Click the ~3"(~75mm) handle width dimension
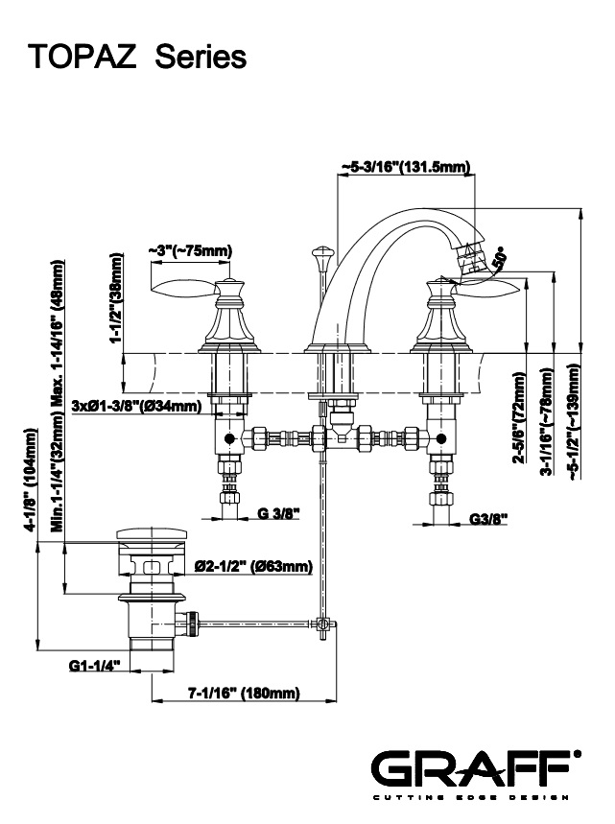(190, 251)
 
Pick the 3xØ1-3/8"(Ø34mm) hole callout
(136, 407)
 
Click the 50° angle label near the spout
(498, 257)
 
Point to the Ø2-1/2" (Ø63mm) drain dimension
(253, 566)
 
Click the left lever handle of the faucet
(184, 286)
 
